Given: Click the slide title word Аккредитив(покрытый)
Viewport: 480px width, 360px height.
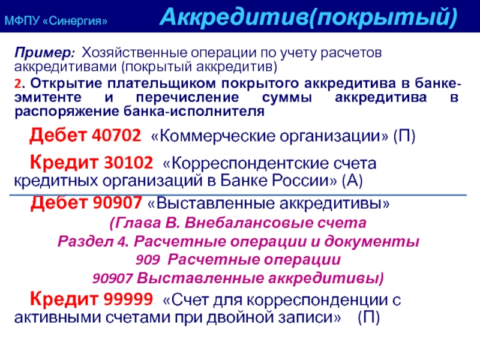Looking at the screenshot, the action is (x=308, y=17).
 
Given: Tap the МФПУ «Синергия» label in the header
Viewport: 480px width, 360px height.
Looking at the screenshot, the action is (x=56, y=21).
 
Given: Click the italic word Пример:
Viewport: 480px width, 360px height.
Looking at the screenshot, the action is (x=44, y=53).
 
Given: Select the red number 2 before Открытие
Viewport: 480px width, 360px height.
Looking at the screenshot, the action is (x=17, y=83).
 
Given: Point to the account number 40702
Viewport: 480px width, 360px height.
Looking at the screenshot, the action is (x=116, y=135).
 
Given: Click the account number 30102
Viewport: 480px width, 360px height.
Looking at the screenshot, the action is (x=128, y=162).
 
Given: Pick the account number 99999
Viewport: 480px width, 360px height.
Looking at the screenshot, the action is (x=128, y=299).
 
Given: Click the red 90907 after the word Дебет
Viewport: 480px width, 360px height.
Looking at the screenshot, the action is (x=117, y=203).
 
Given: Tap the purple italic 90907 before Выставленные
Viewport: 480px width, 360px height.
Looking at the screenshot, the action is (x=112, y=278).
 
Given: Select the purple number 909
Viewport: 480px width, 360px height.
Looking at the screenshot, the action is (x=148, y=260).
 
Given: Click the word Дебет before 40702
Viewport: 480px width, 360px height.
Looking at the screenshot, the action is (x=58, y=135).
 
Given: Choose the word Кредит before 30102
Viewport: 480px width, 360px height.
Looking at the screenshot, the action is (x=64, y=163).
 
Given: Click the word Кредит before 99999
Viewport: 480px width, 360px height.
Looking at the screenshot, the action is (x=64, y=299).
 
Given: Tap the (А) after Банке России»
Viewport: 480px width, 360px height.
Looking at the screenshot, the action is (x=352, y=181).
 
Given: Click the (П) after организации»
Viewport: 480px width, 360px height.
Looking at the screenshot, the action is (x=404, y=136).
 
